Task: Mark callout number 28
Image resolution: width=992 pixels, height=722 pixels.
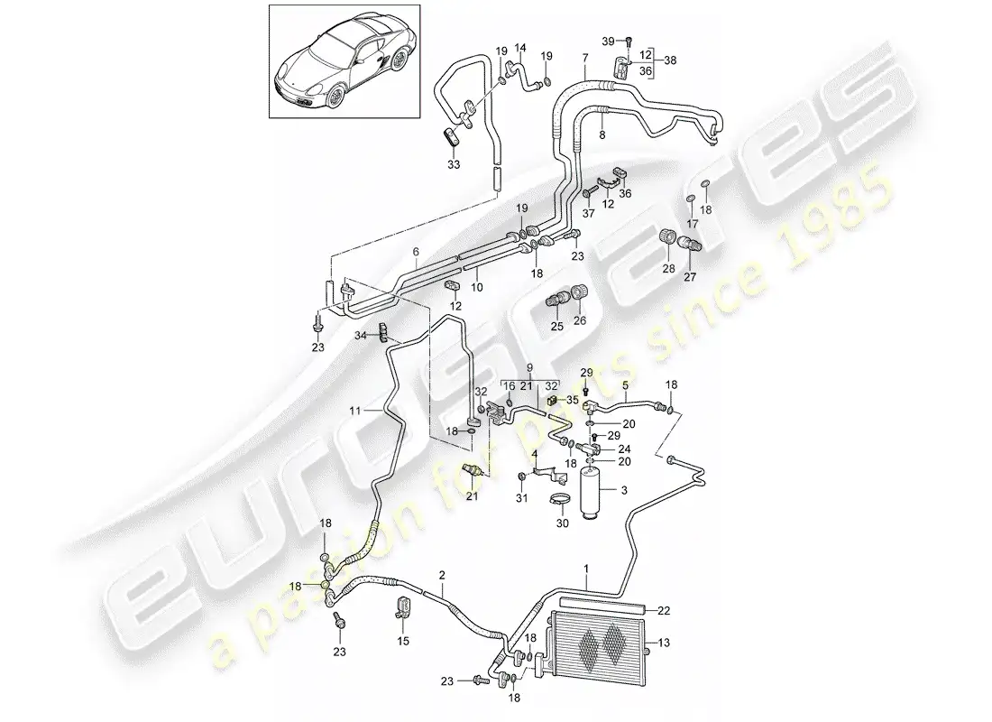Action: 668,270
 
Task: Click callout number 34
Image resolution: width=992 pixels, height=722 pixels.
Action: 361,336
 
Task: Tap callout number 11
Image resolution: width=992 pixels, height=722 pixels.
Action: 356,411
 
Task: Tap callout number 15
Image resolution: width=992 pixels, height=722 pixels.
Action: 403,642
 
